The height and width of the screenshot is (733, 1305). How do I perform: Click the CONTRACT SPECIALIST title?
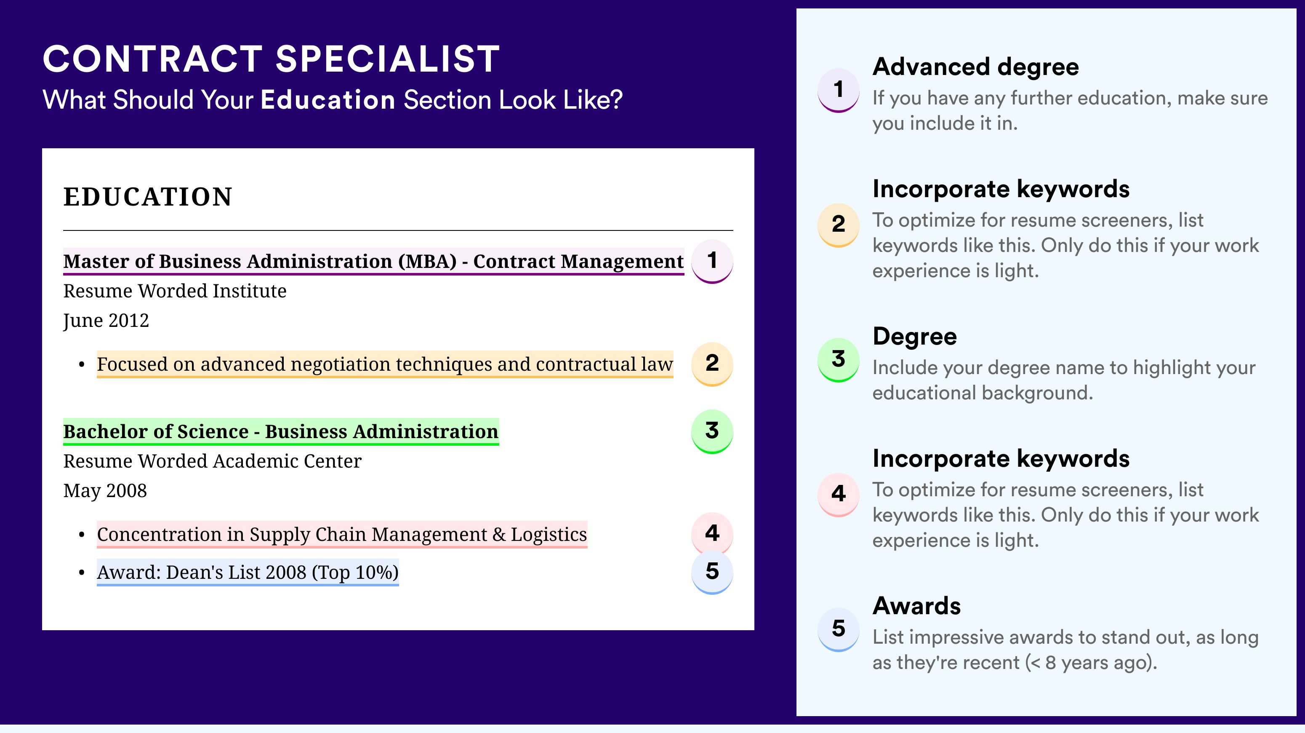[x=272, y=59]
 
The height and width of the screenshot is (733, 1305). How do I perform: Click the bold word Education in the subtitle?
[x=328, y=99]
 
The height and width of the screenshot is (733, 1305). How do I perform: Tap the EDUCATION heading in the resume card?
[x=147, y=197]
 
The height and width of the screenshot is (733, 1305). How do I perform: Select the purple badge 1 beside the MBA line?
[x=712, y=261]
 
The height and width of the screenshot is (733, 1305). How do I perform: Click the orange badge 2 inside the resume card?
[x=712, y=364]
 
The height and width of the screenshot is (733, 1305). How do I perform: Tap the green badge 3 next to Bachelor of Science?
[x=712, y=431]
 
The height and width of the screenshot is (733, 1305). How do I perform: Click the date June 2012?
[x=106, y=321]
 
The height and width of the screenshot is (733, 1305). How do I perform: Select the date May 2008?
[x=105, y=491]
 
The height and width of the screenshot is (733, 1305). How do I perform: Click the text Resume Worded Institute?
[x=175, y=291]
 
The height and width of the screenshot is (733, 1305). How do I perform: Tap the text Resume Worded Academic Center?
[x=212, y=461]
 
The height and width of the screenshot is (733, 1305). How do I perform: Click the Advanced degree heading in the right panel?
[x=976, y=67]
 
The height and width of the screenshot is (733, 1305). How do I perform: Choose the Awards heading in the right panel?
[x=916, y=606]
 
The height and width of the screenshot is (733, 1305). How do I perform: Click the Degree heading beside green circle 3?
[x=914, y=337]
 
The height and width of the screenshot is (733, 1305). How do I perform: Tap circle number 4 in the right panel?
[x=839, y=494]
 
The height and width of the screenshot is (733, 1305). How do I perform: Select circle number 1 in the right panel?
[x=839, y=90]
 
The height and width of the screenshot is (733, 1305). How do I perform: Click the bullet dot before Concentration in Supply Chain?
[x=82, y=535]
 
